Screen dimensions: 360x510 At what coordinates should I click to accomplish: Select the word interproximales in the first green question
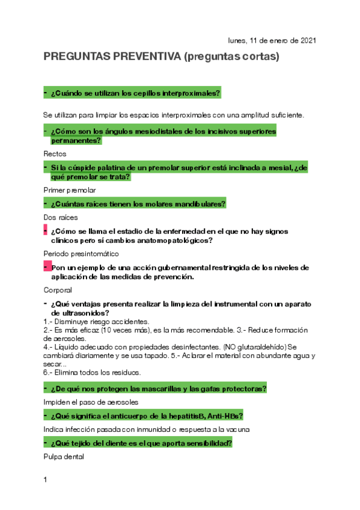[x=192, y=93]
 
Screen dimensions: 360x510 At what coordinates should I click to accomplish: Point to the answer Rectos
[x=55, y=154]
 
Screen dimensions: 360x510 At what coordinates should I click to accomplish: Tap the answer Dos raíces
[x=61, y=217]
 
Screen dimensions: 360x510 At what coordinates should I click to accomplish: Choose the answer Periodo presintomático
[x=81, y=253]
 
